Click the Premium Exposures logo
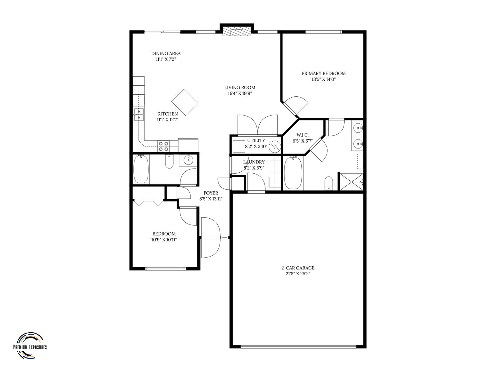click(30, 346)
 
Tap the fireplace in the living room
click(237, 32)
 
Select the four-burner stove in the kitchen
click(164, 146)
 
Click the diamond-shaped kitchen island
click(185, 102)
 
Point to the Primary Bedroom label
click(324, 73)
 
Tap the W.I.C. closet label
click(302, 135)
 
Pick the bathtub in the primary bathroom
click(293, 173)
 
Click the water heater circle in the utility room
click(275, 147)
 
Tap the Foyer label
click(211, 193)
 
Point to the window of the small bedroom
click(166, 269)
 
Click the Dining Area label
click(166, 54)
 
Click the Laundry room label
click(254, 162)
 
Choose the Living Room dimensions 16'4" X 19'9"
click(240, 93)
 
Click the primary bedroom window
click(324, 32)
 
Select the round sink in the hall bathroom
click(188, 160)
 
